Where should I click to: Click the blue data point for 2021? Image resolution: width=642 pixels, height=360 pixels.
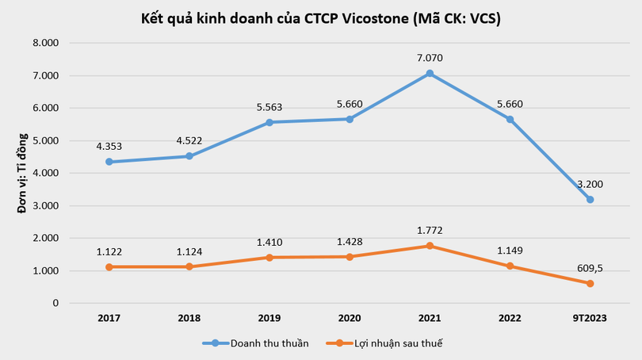click(x=430, y=74)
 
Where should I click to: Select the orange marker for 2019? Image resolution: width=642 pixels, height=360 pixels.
click(x=269, y=258)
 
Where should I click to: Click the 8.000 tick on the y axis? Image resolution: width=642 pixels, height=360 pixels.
click(x=47, y=43)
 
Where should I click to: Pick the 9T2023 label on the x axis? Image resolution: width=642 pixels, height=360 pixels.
click(x=589, y=318)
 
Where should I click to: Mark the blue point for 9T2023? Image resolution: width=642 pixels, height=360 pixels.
click(x=589, y=200)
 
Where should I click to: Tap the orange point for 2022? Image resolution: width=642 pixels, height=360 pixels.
click(x=509, y=266)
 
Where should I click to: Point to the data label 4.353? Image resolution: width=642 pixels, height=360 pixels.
click(x=109, y=146)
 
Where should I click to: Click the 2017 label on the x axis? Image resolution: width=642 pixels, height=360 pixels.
click(x=109, y=318)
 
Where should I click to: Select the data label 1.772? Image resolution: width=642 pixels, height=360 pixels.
click(x=430, y=231)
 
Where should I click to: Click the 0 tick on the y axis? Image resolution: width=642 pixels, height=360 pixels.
click(x=55, y=304)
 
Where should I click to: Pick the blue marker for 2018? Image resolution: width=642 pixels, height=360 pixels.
click(x=189, y=156)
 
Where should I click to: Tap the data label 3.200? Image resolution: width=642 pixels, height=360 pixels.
click(x=589, y=183)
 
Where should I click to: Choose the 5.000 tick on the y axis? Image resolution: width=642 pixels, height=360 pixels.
click(x=47, y=140)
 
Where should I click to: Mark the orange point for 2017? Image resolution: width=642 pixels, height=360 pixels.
click(x=109, y=267)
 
